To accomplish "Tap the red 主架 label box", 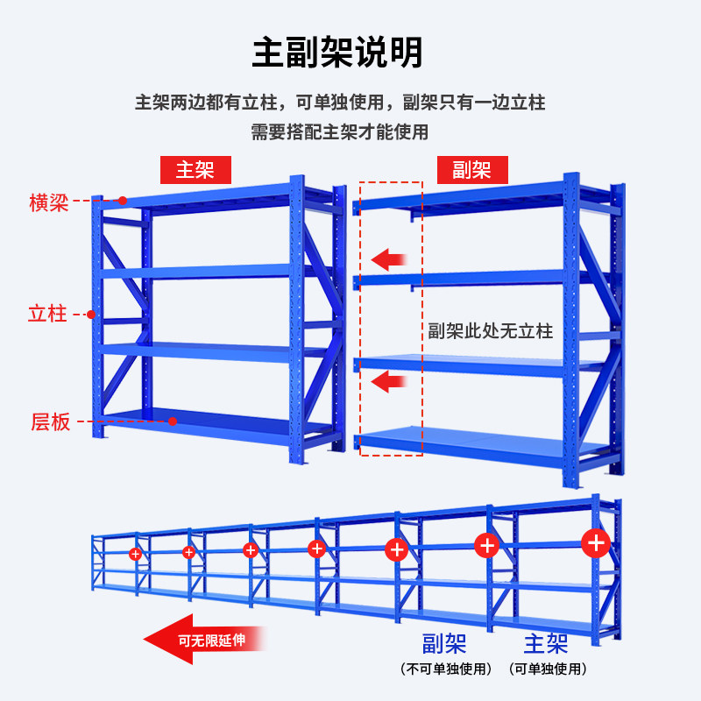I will point(195,169).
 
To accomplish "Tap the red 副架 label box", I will point(471,169).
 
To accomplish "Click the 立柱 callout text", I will point(47,314).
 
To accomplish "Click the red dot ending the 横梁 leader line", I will point(124,201).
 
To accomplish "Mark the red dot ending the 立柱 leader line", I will point(91,314).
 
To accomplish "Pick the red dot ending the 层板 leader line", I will point(173,421).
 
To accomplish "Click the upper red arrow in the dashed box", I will point(389,258).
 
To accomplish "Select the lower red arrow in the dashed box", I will point(389,380).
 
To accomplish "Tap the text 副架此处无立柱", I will point(490,331).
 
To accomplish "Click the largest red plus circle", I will point(597,542).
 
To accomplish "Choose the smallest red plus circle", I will point(135,554).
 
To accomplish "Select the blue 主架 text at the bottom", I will point(546,645).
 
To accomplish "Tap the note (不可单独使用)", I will point(443,669).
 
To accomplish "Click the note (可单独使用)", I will point(546,669).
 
